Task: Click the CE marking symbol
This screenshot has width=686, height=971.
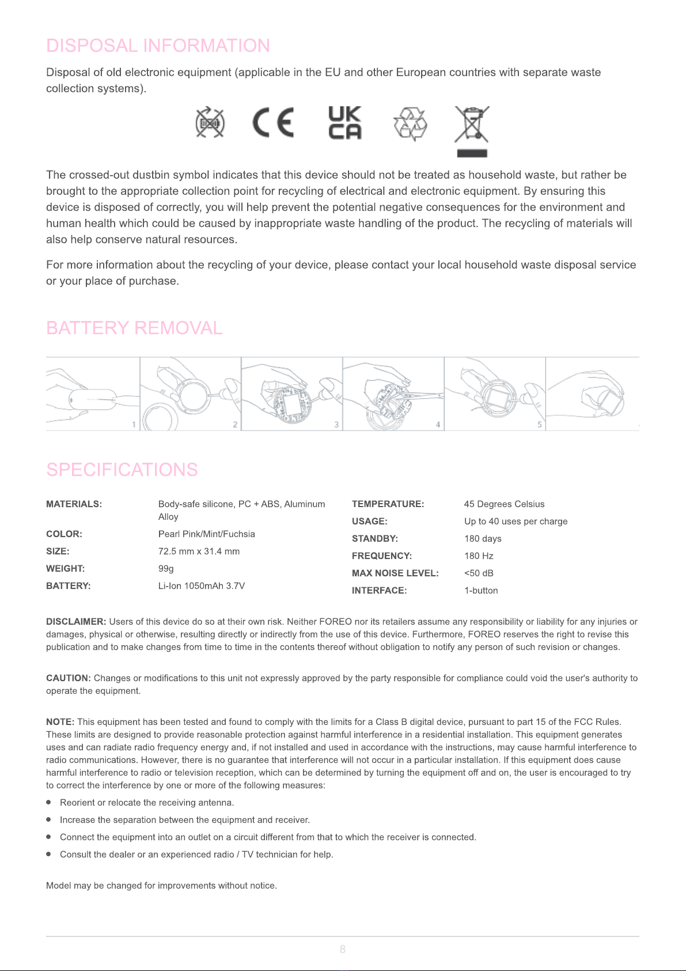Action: pyautogui.click(x=273, y=123)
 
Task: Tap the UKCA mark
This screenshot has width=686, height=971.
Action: pyautogui.click(x=345, y=123)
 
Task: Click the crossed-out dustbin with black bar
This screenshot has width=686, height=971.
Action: pyautogui.click(x=472, y=130)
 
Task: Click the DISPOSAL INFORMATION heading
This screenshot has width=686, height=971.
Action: pyautogui.click(x=158, y=46)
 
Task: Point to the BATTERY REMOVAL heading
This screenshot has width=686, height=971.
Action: pyautogui.click(x=134, y=328)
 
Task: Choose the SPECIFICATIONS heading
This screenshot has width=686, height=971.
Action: pyautogui.click(x=122, y=470)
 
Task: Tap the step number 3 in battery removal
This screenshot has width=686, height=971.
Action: pyautogui.click(x=336, y=425)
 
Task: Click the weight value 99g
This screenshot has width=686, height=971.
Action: pyautogui.click(x=166, y=569)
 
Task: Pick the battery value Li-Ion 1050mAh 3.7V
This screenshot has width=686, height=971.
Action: pyautogui.click(x=202, y=586)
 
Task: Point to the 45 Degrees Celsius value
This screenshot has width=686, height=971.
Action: pyautogui.click(x=504, y=504)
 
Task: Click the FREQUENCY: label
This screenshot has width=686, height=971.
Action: pyautogui.click(x=382, y=556)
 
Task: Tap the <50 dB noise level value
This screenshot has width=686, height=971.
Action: pyautogui.click(x=479, y=573)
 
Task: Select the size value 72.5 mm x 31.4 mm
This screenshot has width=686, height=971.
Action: pyautogui.click(x=199, y=551)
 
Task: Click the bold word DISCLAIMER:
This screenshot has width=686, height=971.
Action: pyautogui.click(x=76, y=622)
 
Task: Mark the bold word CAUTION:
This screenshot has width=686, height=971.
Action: pyautogui.click(x=69, y=678)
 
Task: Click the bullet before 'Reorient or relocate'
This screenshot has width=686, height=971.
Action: pyautogui.click(x=49, y=802)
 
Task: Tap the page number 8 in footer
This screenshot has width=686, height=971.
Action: pyautogui.click(x=343, y=949)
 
